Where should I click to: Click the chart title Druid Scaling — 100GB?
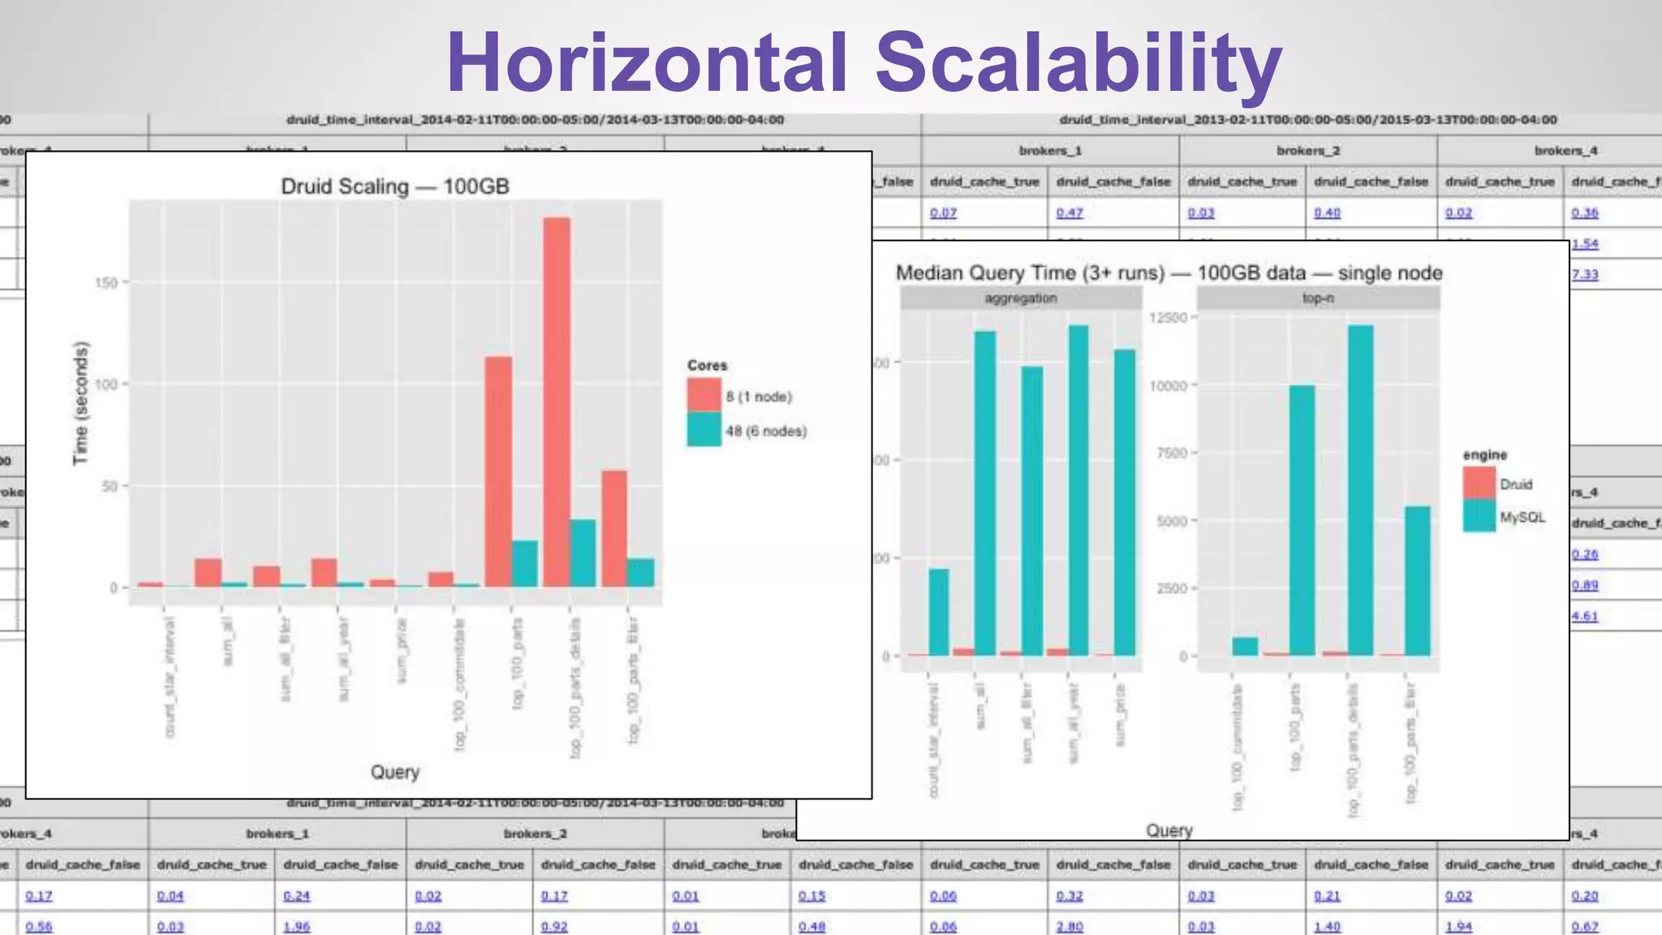(x=394, y=187)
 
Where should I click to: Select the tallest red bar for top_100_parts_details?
(x=557, y=401)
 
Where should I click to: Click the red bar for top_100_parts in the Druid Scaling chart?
(x=498, y=471)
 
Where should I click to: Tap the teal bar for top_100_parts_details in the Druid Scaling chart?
(x=583, y=553)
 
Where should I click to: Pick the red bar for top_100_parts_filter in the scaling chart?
(x=614, y=528)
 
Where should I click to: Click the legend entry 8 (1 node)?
(x=758, y=396)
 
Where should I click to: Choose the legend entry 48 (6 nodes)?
(x=765, y=431)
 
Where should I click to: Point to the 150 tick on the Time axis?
(x=106, y=282)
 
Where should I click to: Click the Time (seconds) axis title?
(x=80, y=403)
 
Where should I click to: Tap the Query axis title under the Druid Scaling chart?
(x=394, y=772)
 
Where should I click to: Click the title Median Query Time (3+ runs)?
(x=1030, y=273)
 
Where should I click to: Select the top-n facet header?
(x=1318, y=299)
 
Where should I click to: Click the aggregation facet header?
(x=1020, y=299)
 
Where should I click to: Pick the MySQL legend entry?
(x=1522, y=517)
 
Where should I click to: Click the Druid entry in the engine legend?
(x=1515, y=485)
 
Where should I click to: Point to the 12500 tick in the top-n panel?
(x=1168, y=317)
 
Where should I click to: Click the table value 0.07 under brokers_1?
(x=943, y=213)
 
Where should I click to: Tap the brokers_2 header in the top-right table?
(x=1307, y=151)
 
